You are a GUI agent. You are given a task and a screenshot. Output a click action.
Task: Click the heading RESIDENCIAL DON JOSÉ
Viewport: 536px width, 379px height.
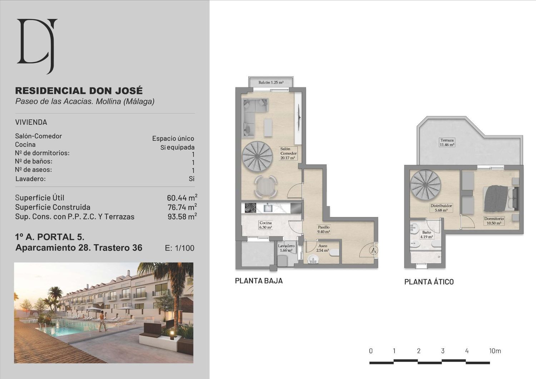click(x=79, y=91)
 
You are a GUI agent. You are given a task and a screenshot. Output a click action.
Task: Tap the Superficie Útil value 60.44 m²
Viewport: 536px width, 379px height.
click(x=182, y=198)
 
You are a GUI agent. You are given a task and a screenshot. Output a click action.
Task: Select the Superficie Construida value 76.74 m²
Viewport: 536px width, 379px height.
click(x=182, y=207)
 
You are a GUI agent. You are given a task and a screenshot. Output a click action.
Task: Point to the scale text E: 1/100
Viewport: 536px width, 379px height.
click(x=180, y=248)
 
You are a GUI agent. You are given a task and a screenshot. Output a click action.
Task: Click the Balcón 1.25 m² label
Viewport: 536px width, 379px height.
click(x=271, y=82)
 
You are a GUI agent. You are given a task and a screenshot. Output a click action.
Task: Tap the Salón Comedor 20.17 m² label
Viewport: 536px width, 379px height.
click(x=288, y=153)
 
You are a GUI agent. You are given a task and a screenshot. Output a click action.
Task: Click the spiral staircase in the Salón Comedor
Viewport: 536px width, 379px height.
click(x=258, y=156)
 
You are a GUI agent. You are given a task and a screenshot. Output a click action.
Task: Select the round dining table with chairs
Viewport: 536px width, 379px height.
click(x=266, y=187)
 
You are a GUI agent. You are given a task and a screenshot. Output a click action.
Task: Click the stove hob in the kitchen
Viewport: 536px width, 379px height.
click(x=250, y=208)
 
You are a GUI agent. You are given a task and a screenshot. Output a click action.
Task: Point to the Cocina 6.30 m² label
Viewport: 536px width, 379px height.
click(x=265, y=225)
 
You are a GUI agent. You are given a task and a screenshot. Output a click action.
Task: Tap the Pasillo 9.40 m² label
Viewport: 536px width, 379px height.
click(x=324, y=229)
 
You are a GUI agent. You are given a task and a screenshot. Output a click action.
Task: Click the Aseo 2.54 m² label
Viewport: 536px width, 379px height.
click(x=323, y=248)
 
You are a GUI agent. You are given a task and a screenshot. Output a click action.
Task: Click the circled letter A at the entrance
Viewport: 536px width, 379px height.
click(x=373, y=250)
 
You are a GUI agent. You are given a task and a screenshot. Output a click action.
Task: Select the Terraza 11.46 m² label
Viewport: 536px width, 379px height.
click(x=447, y=142)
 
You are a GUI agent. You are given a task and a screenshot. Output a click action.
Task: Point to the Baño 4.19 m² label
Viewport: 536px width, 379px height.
click(x=427, y=235)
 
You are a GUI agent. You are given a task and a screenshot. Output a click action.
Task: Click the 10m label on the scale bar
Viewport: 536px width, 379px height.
click(x=495, y=351)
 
